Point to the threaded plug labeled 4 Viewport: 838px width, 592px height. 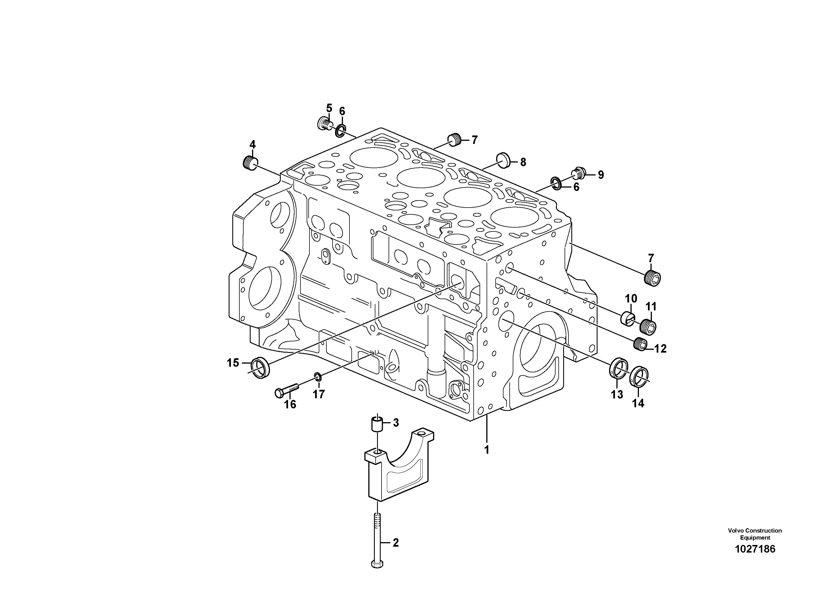[x=250, y=163]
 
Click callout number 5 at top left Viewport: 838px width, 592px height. [x=329, y=108]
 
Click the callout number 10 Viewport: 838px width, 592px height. [x=631, y=299]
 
